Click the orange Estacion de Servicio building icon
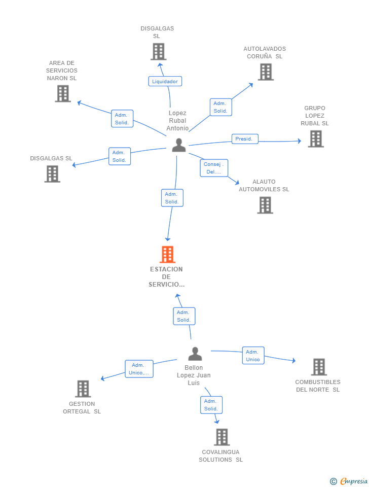click(x=168, y=254)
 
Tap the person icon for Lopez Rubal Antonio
click(x=179, y=145)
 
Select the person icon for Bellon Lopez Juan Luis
click(x=195, y=354)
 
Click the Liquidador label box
click(x=165, y=81)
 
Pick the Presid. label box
click(x=245, y=139)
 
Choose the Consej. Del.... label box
click(x=214, y=168)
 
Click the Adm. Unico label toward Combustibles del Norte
click(x=253, y=355)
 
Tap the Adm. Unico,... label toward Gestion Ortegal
click(x=139, y=369)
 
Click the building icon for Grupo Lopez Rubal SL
click(x=316, y=138)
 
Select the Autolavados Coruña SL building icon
click(x=266, y=72)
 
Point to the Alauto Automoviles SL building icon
click(x=265, y=205)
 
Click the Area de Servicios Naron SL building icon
click(x=63, y=93)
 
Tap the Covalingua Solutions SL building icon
click(x=222, y=437)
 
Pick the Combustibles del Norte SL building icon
click(x=319, y=367)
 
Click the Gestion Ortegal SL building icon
click(x=83, y=389)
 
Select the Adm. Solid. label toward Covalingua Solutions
click(x=211, y=405)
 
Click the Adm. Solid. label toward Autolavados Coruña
click(x=220, y=107)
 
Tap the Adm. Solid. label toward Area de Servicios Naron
click(x=122, y=119)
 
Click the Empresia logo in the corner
click(x=349, y=481)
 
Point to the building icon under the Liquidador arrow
click(x=159, y=52)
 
